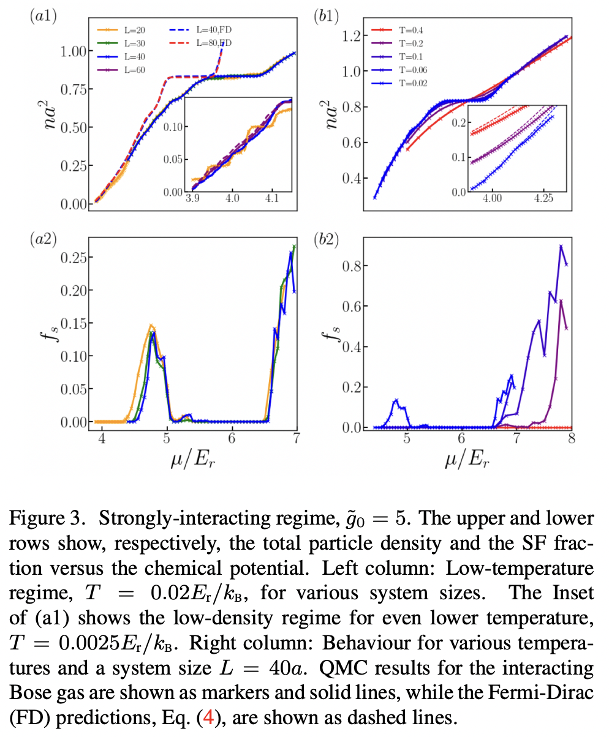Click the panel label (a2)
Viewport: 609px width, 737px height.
coord(43,239)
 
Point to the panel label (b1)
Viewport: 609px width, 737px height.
coord(327,17)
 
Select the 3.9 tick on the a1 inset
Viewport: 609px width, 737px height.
coord(192,200)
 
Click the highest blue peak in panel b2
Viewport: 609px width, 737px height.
coord(561,246)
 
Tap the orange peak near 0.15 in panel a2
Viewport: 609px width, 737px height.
coord(151,326)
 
